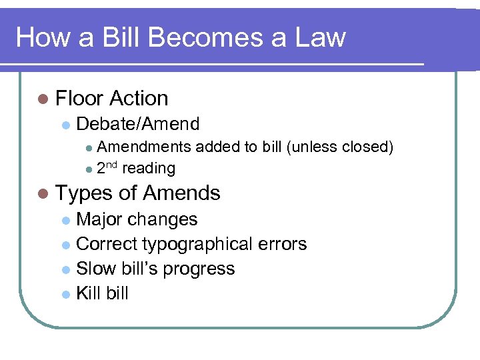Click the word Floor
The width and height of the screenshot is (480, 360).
79,99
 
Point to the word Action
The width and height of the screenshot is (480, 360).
139,99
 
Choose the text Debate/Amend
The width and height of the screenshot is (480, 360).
138,124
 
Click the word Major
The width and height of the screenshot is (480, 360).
99,219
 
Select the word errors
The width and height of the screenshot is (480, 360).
283,245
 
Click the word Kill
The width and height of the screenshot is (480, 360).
88,293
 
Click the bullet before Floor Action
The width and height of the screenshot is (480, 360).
43,99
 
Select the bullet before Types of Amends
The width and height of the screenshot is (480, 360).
43,194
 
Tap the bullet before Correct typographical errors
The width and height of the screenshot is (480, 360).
65,245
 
